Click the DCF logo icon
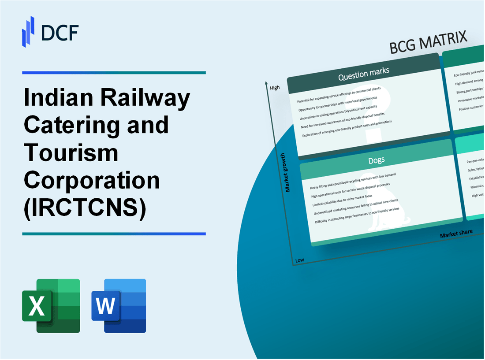(28, 31)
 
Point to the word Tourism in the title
(71, 152)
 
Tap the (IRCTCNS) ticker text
(84, 208)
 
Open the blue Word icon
(119, 305)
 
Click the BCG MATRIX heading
(428, 43)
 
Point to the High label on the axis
(275, 88)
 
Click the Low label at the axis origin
(300, 260)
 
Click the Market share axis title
(456, 234)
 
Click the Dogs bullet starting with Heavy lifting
(353, 181)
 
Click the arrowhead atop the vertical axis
(266, 83)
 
